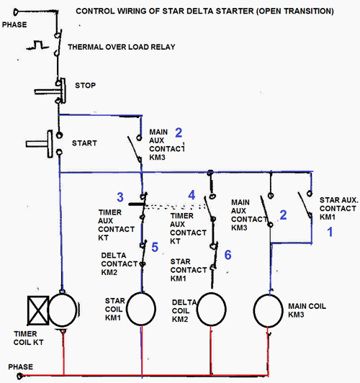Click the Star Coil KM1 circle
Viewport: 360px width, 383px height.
pos(142,308)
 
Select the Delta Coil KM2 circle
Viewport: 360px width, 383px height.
pos(210,309)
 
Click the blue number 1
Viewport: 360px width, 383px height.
pos(330,233)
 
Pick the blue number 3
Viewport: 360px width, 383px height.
pos(121,197)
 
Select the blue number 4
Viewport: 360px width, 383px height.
pos(192,194)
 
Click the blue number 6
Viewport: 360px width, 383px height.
pos(228,254)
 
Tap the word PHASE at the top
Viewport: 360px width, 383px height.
pos(17,24)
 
